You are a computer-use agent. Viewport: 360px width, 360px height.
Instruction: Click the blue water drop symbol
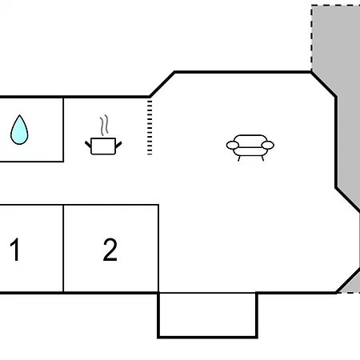click(x=19, y=130)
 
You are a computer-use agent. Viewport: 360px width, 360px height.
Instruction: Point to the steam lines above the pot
click(x=104, y=125)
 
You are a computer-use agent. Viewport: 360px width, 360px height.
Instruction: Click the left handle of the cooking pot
click(x=88, y=145)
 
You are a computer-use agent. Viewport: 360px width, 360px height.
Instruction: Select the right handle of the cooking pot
click(x=118, y=145)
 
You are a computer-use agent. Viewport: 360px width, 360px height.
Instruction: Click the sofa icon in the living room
click(x=250, y=147)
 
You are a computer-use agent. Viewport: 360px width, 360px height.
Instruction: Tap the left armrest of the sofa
click(x=233, y=146)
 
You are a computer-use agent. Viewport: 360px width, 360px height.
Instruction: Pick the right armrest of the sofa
click(x=268, y=146)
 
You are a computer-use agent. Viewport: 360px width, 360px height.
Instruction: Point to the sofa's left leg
click(x=239, y=158)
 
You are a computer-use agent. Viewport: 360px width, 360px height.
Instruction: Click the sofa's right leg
click(x=262, y=158)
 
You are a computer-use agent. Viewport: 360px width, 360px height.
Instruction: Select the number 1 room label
click(x=15, y=250)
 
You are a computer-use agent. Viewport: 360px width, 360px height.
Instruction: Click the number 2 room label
click(x=110, y=250)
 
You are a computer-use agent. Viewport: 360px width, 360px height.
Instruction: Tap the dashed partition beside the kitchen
click(x=150, y=127)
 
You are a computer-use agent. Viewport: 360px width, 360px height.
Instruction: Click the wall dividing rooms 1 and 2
click(x=63, y=249)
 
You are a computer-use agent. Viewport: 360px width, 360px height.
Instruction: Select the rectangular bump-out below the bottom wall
click(x=207, y=315)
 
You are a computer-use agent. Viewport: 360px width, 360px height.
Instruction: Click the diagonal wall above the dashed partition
click(x=162, y=84)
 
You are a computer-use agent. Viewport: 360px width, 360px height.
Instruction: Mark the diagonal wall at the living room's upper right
click(x=323, y=84)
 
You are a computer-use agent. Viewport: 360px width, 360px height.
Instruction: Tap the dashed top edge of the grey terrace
click(x=336, y=6)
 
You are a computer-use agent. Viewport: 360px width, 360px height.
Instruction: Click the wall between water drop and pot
click(x=63, y=130)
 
